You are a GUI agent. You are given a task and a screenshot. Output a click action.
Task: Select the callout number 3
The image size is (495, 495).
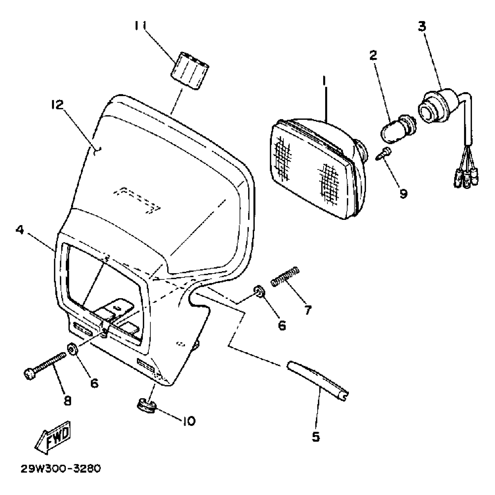[x=422, y=26]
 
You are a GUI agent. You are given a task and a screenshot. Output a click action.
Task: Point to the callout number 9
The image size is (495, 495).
[x=403, y=193]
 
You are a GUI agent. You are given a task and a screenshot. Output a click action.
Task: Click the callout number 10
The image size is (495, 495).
[x=189, y=420]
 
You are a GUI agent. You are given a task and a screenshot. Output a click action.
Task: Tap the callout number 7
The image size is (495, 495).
[x=307, y=310]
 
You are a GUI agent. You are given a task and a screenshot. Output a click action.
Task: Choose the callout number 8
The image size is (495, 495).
[x=67, y=401]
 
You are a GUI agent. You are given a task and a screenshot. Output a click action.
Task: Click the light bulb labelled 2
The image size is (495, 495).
[x=398, y=128]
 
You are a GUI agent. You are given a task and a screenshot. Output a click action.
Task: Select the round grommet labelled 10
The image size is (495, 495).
[x=146, y=406]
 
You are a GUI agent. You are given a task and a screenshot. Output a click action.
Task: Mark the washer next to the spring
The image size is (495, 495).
[x=258, y=291]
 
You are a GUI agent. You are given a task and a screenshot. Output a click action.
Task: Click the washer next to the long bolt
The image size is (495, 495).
[x=72, y=349]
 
